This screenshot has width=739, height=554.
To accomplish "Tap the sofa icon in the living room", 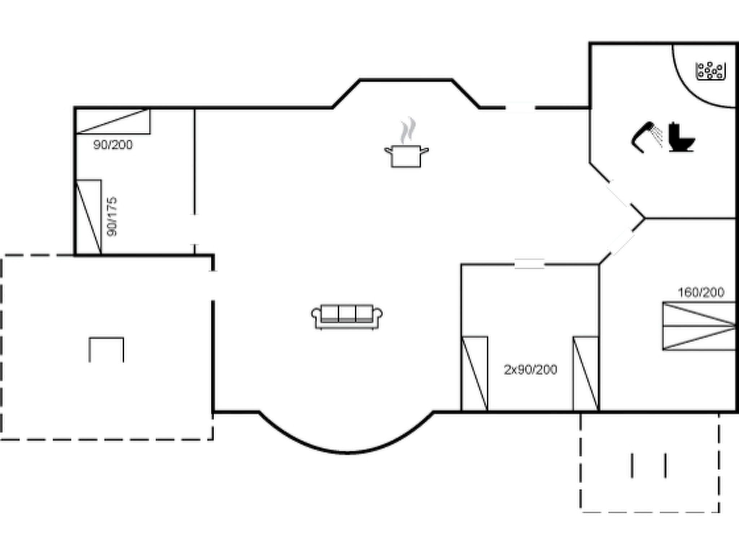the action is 347,317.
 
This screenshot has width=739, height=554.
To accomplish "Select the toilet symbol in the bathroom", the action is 681,137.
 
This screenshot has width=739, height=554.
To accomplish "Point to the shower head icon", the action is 647,137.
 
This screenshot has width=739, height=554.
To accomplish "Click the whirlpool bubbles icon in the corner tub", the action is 710,71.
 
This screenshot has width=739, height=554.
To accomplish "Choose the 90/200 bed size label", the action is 113,145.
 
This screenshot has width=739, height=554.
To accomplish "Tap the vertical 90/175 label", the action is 112,216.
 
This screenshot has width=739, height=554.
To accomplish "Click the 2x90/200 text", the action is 530,370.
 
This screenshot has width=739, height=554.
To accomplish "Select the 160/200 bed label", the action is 701,292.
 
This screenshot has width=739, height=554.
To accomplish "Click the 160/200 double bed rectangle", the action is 699,326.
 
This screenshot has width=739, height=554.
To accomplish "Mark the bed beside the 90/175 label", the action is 88,217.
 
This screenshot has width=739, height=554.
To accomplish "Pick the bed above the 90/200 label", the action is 113,121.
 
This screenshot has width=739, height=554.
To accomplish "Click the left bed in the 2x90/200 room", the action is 475,374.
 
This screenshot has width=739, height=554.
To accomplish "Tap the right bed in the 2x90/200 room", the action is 586,374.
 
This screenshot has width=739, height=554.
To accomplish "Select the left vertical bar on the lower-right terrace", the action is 632,466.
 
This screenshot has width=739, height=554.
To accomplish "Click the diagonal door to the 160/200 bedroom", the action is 621,242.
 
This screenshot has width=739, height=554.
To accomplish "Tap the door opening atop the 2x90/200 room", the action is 529,264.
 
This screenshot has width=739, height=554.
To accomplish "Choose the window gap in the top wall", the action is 520,107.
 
